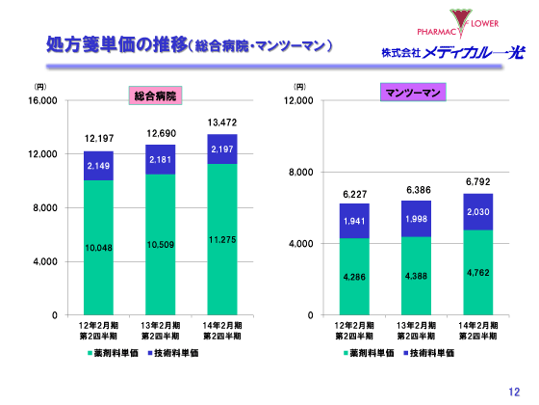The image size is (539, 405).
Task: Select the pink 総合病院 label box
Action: click(x=157, y=94)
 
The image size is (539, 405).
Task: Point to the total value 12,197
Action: click(x=99, y=139)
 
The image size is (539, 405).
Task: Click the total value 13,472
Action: click(x=222, y=122)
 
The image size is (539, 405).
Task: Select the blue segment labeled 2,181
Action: click(x=161, y=159)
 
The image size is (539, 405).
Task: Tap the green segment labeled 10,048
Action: click(x=99, y=248)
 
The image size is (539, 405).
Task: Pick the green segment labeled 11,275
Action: click(x=222, y=239)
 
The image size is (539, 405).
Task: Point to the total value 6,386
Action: click(x=415, y=190)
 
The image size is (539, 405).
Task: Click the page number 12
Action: click(x=514, y=390)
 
